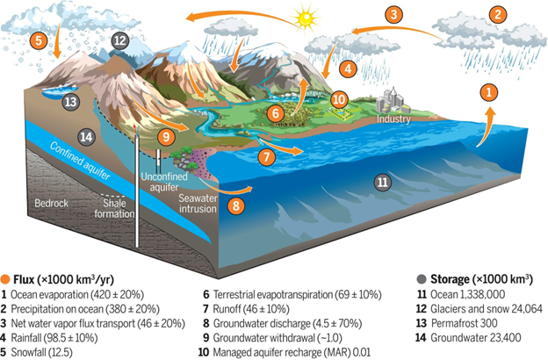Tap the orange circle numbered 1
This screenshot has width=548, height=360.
coord(489,92)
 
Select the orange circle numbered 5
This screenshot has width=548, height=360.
coord(39,40)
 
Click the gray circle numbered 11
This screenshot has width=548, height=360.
coord(383,182)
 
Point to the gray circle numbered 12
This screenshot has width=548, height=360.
coord(119,41)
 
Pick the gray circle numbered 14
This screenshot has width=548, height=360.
coord(86,137)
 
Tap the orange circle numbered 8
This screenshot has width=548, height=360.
coord(236,205)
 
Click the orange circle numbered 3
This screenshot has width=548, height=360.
coord(393,15)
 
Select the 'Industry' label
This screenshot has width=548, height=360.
coord(393,119)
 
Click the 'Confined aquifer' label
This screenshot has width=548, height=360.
coord(81,161)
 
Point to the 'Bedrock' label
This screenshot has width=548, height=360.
coord(51,204)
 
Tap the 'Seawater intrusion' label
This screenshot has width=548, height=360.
coord(198,204)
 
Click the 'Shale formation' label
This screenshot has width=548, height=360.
coord(114,208)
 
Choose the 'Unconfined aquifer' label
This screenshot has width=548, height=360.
coord(164,182)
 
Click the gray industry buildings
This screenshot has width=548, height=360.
coord(393,101)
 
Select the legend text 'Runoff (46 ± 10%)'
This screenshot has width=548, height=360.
coord(251,309)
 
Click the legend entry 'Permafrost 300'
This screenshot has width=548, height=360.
coord(464,323)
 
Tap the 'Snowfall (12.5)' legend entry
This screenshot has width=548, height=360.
coord(41,352)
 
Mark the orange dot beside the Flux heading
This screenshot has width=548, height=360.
coord(5,279)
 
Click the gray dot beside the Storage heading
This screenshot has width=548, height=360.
coord(422,279)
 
